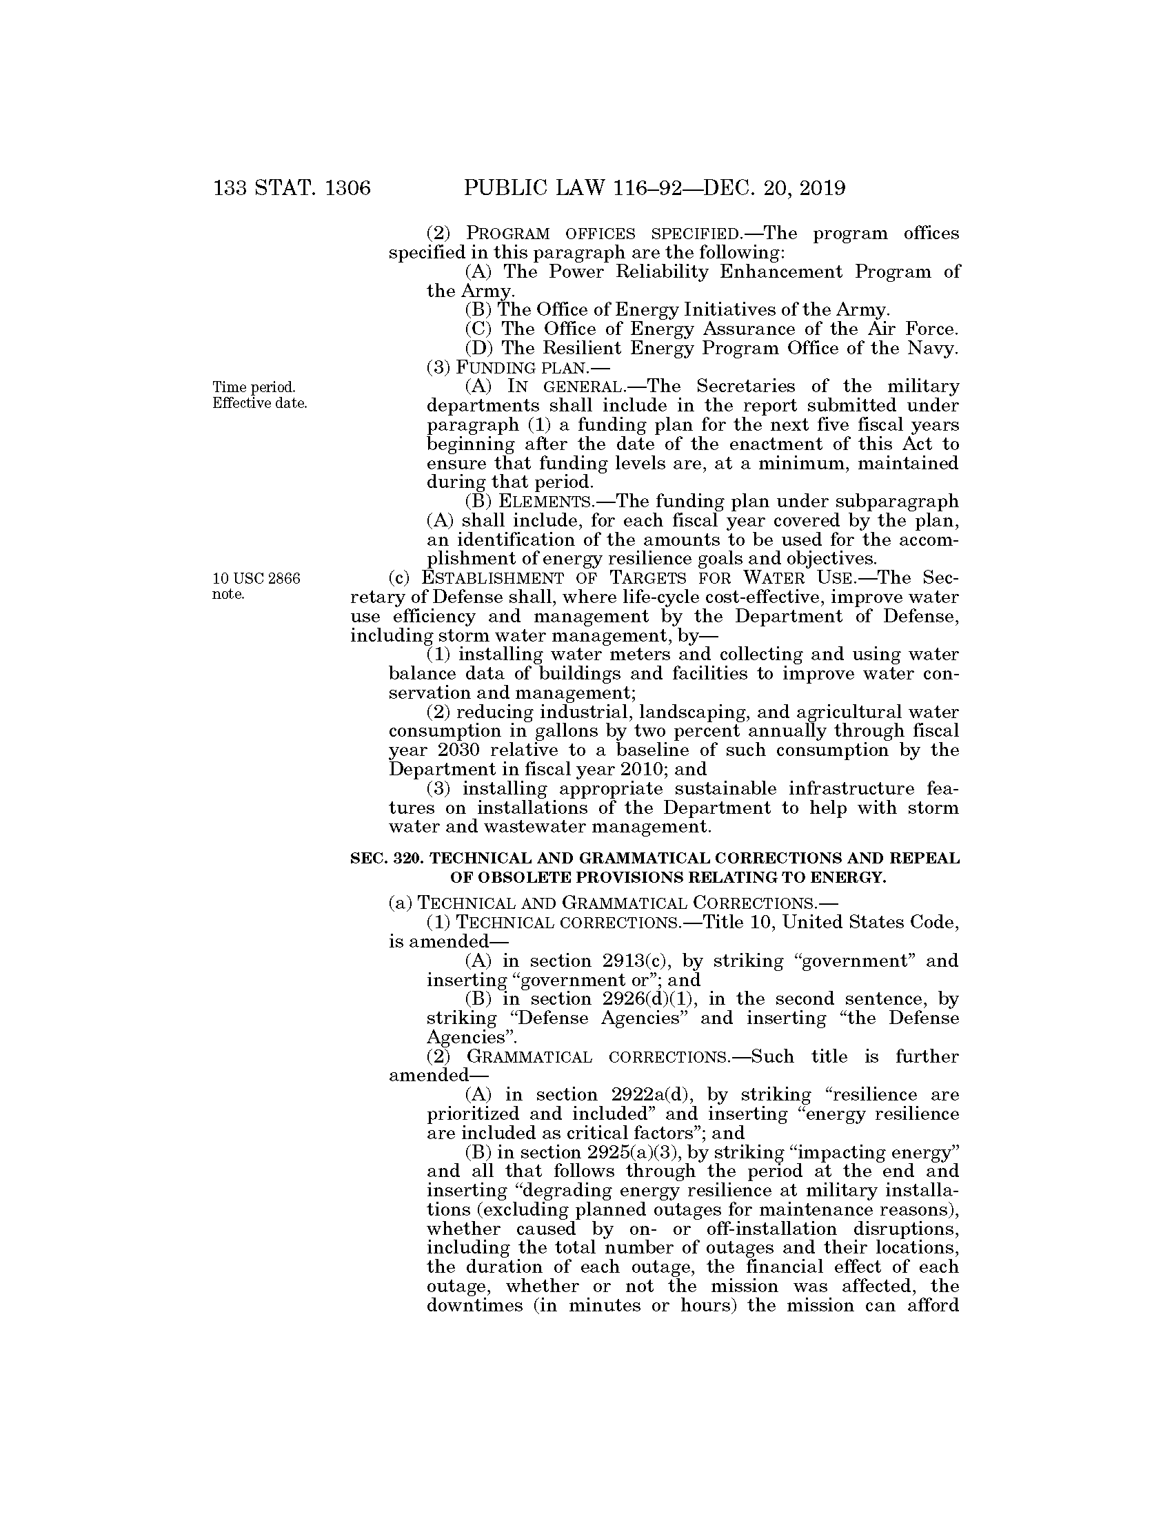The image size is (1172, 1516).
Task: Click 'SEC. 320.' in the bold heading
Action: click(x=385, y=858)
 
